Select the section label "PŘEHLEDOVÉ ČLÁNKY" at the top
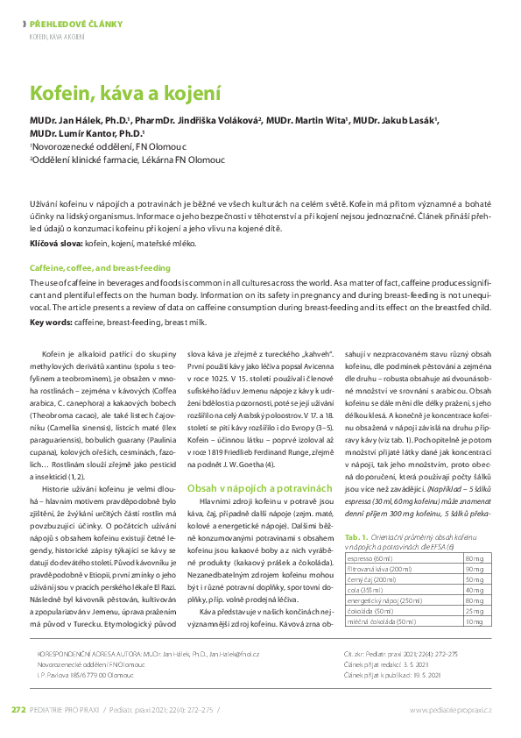pyautogui.click(x=76, y=25)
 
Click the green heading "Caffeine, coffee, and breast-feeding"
pyautogui.click(x=100, y=267)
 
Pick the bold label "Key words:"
pyautogui.click(x=50, y=323)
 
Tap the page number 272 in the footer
pyautogui.click(x=19, y=709)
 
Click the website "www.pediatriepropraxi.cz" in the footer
pyautogui.click(x=450, y=709)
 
